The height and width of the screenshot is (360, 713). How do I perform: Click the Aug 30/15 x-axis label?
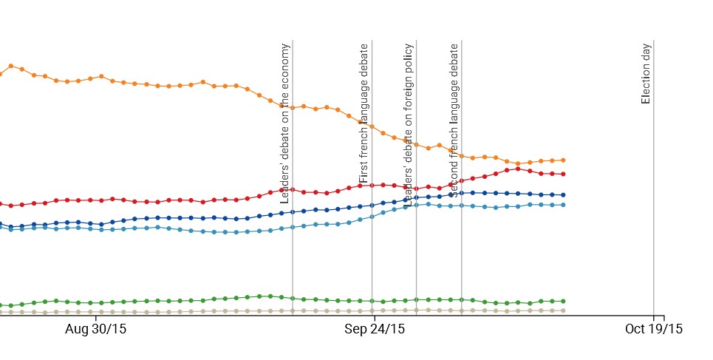(x=95, y=329)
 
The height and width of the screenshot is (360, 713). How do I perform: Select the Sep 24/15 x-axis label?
(x=374, y=329)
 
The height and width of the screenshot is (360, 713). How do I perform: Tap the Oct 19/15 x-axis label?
(x=653, y=329)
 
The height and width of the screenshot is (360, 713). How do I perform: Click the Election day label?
(x=646, y=73)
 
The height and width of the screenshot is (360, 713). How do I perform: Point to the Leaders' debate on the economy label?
(x=285, y=123)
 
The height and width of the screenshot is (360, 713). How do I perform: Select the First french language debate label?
(x=364, y=113)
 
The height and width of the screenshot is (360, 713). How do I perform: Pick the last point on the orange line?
(x=563, y=160)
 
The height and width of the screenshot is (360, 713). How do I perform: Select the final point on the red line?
(x=563, y=174)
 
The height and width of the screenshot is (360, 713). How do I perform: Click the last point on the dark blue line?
(x=563, y=194)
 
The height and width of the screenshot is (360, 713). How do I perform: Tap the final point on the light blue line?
(x=563, y=204)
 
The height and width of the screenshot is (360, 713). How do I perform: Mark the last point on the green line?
(x=563, y=301)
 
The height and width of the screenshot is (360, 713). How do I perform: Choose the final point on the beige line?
(x=563, y=310)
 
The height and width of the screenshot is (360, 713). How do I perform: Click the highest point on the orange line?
(x=11, y=66)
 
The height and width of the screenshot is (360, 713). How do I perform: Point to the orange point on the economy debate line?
(x=293, y=108)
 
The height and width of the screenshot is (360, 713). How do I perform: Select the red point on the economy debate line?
(x=293, y=189)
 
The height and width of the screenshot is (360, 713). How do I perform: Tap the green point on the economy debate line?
(x=293, y=298)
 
